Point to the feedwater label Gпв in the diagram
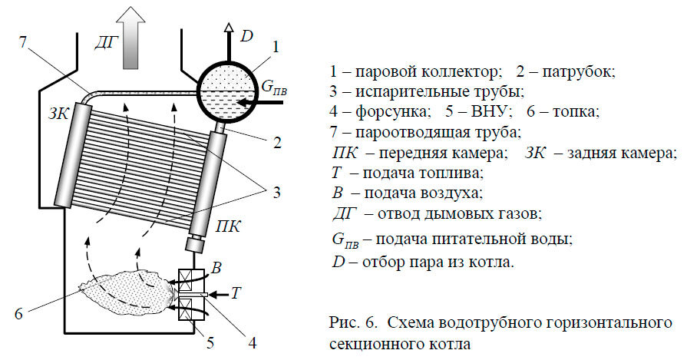275,88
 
